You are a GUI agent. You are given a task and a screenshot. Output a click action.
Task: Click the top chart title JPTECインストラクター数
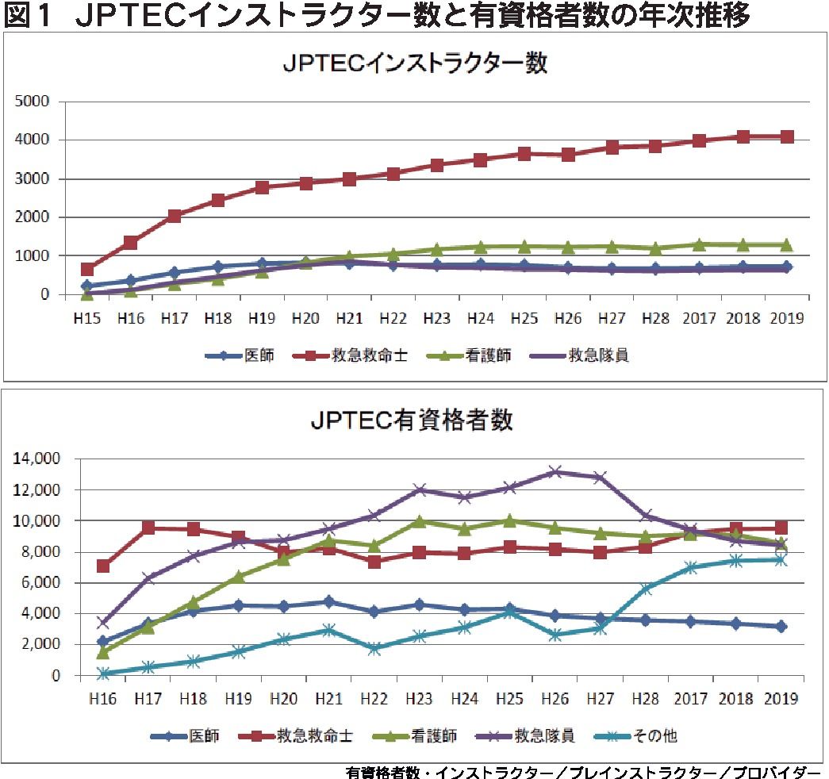pyautogui.click(x=415, y=64)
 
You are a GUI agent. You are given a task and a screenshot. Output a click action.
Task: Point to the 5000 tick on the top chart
pyautogui.click(x=33, y=102)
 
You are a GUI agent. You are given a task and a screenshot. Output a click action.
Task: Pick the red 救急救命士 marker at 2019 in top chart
pyautogui.click(x=786, y=137)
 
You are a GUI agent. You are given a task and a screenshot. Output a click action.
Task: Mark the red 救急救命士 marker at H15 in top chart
pyautogui.click(x=87, y=270)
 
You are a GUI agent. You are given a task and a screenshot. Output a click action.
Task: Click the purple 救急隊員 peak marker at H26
pyautogui.click(x=555, y=472)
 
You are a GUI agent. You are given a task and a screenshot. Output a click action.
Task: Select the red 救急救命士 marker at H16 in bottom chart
pyautogui.click(x=103, y=566)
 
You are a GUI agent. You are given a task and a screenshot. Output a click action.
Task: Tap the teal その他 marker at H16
pyautogui.click(x=103, y=673)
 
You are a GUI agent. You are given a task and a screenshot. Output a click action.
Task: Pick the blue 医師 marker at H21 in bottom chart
pyautogui.click(x=328, y=602)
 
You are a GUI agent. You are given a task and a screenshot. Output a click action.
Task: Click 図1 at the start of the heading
pyautogui.click(x=30, y=16)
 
